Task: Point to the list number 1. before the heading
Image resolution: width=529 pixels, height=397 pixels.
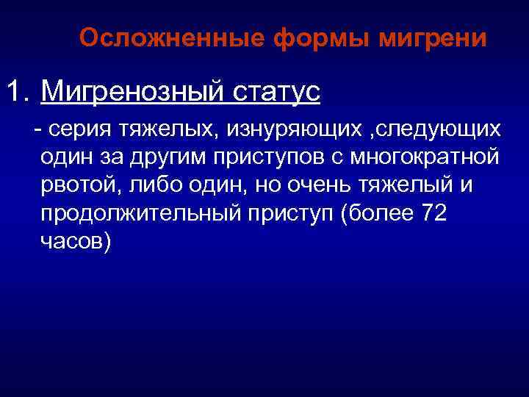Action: coord(20,93)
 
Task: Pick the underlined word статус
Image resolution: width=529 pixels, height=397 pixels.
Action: coord(278,93)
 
